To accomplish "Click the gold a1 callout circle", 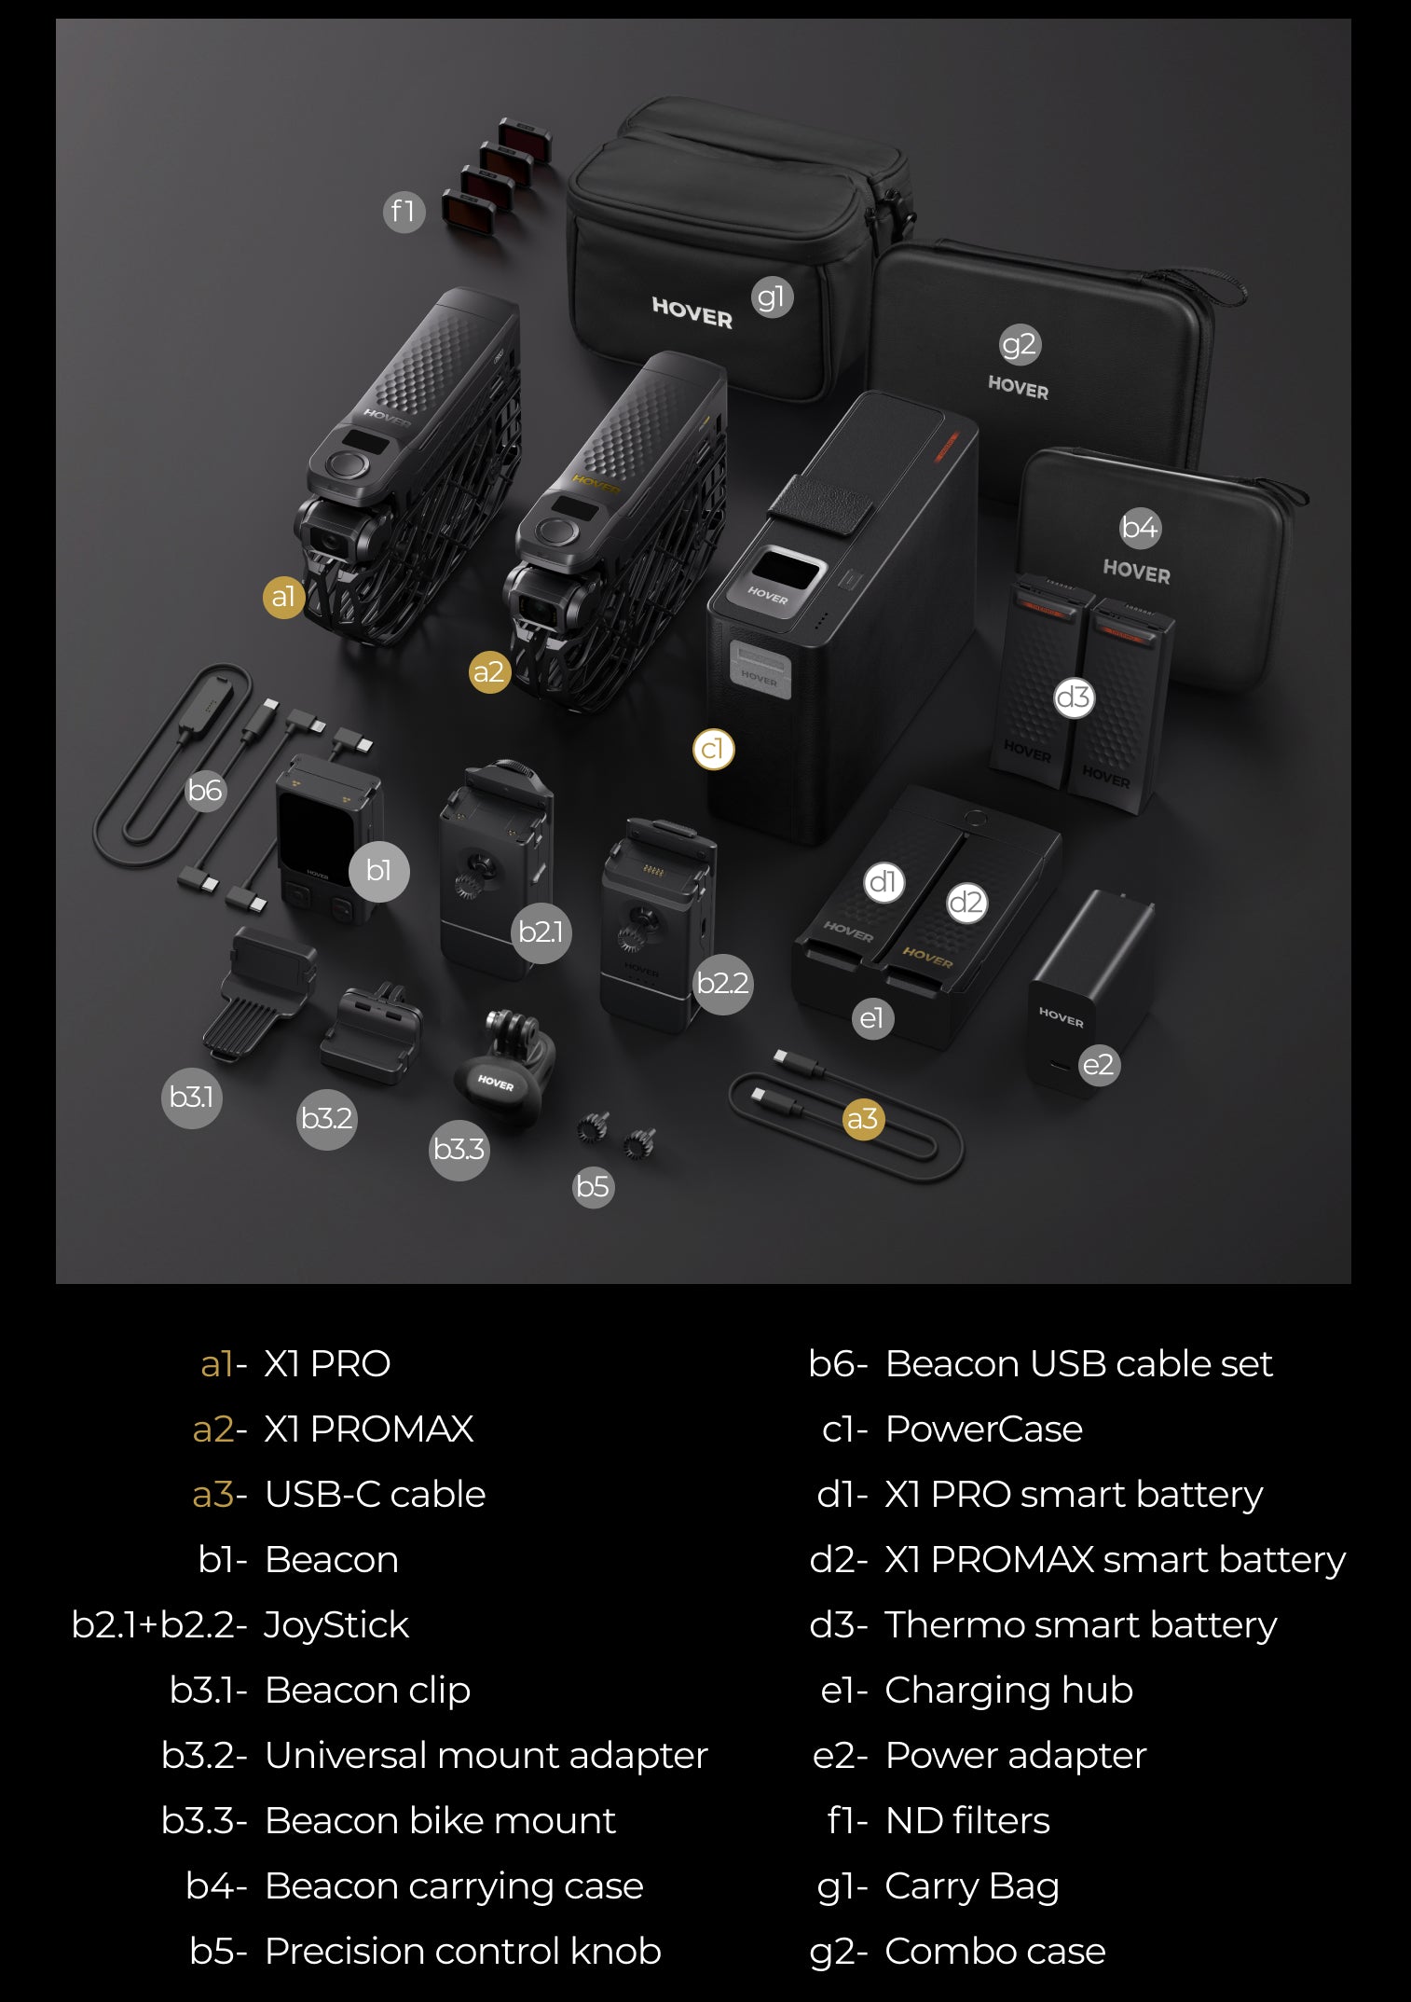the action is click(x=283, y=596).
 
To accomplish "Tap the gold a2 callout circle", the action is click(x=489, y=672).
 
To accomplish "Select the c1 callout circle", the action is click(x=713, y=749).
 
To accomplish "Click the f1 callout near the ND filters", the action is click(x=404, y=212).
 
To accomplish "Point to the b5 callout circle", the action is click(x=593, y=1186).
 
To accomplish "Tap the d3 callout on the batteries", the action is click(x=1073, y=697).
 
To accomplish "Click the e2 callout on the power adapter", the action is click(x=1098, y=1065).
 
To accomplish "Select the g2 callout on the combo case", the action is click(x=1019, y=344).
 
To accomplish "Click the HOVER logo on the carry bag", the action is click(x=692, y=312).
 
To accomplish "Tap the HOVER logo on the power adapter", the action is click(x=1062, y=1016).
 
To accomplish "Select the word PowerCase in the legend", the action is click(x=983, y=1429).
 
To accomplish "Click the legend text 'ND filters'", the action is click(x=967, y=1820).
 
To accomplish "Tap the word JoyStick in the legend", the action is click(x=336, y=1625).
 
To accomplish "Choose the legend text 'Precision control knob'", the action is click(x=463, y=1951).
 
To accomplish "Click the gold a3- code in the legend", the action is click(x=220, y=1494).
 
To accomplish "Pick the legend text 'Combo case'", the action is click(x=994, y=1951).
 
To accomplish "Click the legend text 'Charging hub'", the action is click(x=1008, y=1691).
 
